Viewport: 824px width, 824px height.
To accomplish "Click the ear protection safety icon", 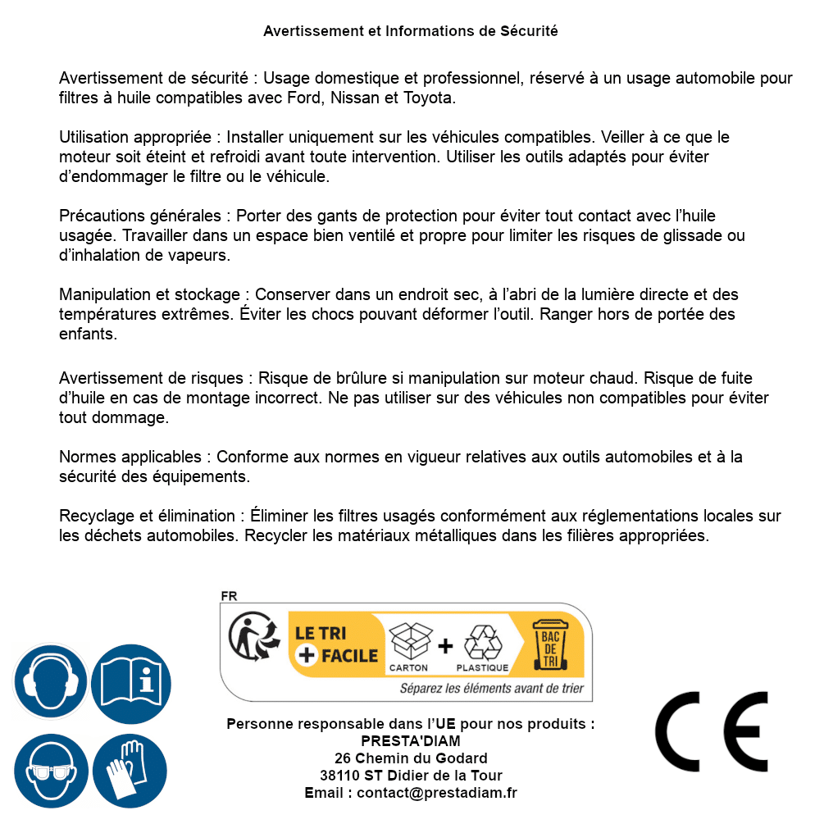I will click(x=50, y=681).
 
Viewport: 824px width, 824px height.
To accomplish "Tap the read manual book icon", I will click(x=131, y=681).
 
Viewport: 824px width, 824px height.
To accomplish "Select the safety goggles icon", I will click(x=50, y=772).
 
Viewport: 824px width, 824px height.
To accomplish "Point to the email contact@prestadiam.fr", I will click(x=437, y=793).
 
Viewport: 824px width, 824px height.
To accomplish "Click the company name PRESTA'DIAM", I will click(x=411, y=741).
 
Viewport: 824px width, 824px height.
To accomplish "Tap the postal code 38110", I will click(x=338, y=776).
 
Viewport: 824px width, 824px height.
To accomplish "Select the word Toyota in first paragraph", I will click(x=427, y=98).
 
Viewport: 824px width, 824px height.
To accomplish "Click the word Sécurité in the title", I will click(x=529, y=31).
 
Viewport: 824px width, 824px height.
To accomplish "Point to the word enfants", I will click(x=88, y=334).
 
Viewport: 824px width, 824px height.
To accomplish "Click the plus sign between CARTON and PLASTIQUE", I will click(x=445, y=646).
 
